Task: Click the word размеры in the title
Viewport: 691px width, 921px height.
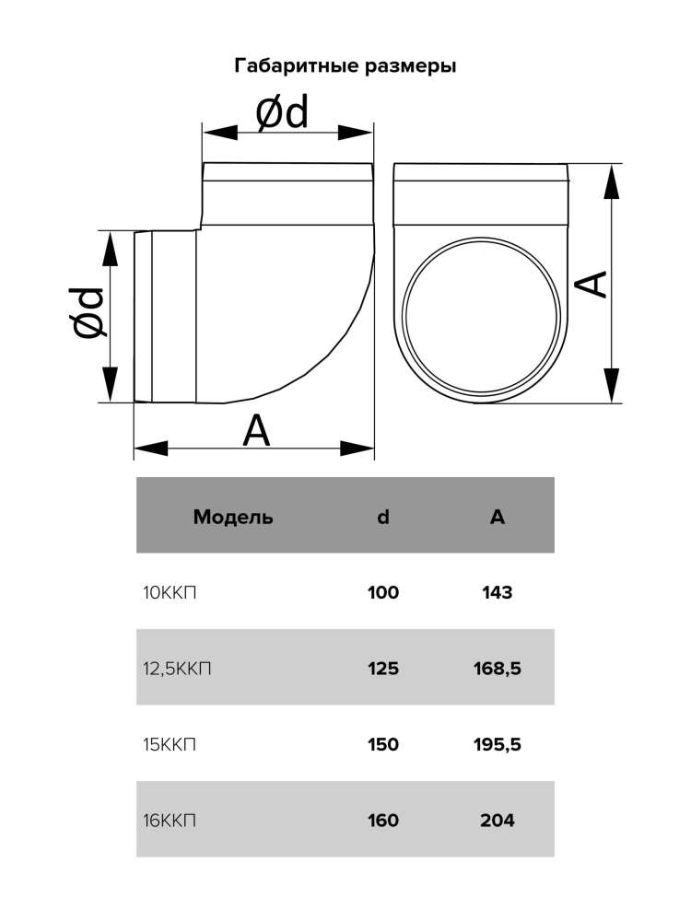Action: [x=410, y=66]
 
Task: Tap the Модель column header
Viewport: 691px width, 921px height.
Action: [x=233, y=517]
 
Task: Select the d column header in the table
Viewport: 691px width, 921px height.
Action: [x=383, y=517]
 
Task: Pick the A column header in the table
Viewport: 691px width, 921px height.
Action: [x=498, y=517]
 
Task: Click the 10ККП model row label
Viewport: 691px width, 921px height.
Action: [x=170, y=592]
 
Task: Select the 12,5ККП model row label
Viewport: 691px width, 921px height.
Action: [x=177, y=669]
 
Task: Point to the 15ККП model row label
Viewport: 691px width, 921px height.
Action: [x=170, y=744]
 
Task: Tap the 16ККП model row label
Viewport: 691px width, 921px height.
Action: [x=170, y=820]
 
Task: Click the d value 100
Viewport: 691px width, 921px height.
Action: [x=383, y=592]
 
